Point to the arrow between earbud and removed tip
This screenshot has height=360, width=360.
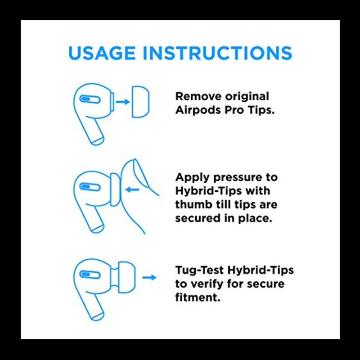(122, 102)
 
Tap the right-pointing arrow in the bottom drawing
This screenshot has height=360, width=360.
(149, 277)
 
